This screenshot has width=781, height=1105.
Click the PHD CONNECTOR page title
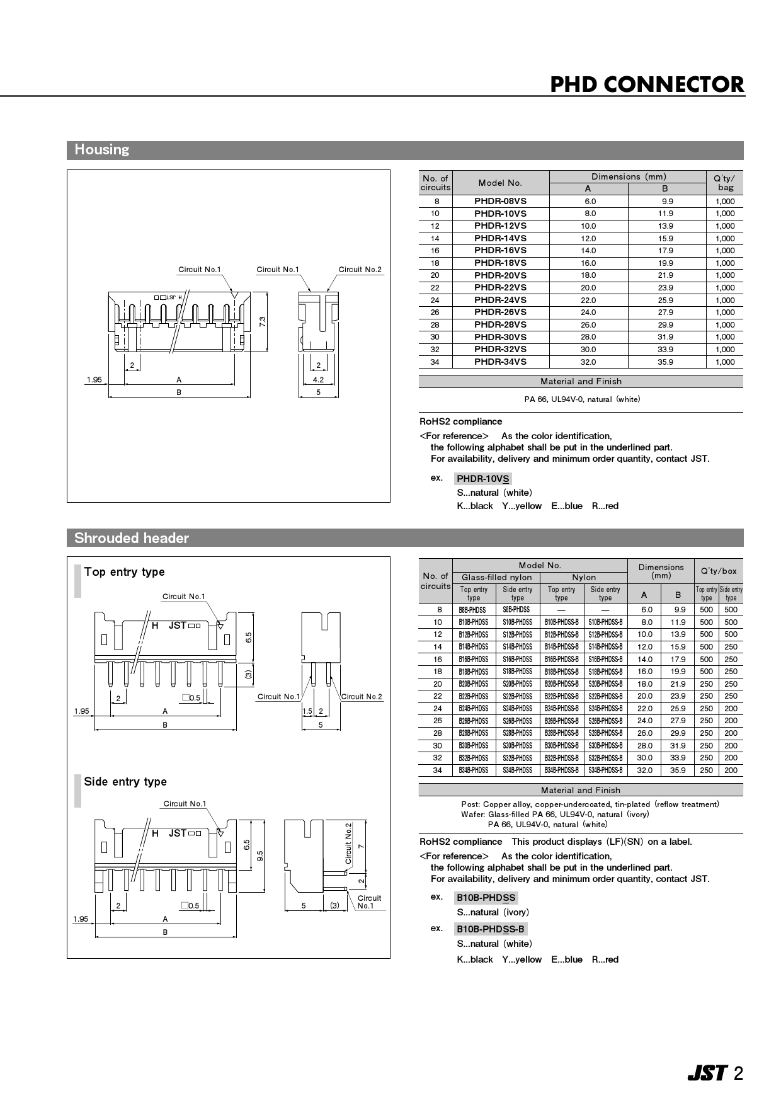[x=647, y=84]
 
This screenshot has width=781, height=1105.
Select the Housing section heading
[x=101, y=150]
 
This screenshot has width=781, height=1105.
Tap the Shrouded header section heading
[x=131, y=538]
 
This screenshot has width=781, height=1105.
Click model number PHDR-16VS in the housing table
[x=500, y=250]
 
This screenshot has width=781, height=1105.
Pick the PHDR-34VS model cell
[x=500, y=362]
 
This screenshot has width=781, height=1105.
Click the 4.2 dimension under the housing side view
[x=318, y=380]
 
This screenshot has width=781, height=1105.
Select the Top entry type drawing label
[x=124, y=572]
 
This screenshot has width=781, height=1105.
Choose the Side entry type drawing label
[x=125, y=782]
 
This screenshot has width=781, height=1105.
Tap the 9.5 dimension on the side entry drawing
[x=259, y=856]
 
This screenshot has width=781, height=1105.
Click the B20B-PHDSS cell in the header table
[x=473, y=684]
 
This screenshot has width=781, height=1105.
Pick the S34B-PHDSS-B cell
[x=605, y=770]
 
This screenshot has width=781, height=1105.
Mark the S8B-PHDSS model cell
[x=516, y=610]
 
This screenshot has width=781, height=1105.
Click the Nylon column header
[x=584, y=577]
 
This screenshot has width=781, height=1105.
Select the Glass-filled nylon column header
[x=496, y=577]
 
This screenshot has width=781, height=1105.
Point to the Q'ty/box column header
[x=718, y=571]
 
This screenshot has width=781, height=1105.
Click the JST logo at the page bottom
[x=707, y=1073]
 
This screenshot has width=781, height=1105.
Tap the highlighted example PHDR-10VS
[x=482, y=479]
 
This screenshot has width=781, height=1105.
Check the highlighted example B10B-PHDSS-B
[x=490, y=929]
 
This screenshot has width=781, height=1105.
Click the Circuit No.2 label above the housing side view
[x=360, y=270]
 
